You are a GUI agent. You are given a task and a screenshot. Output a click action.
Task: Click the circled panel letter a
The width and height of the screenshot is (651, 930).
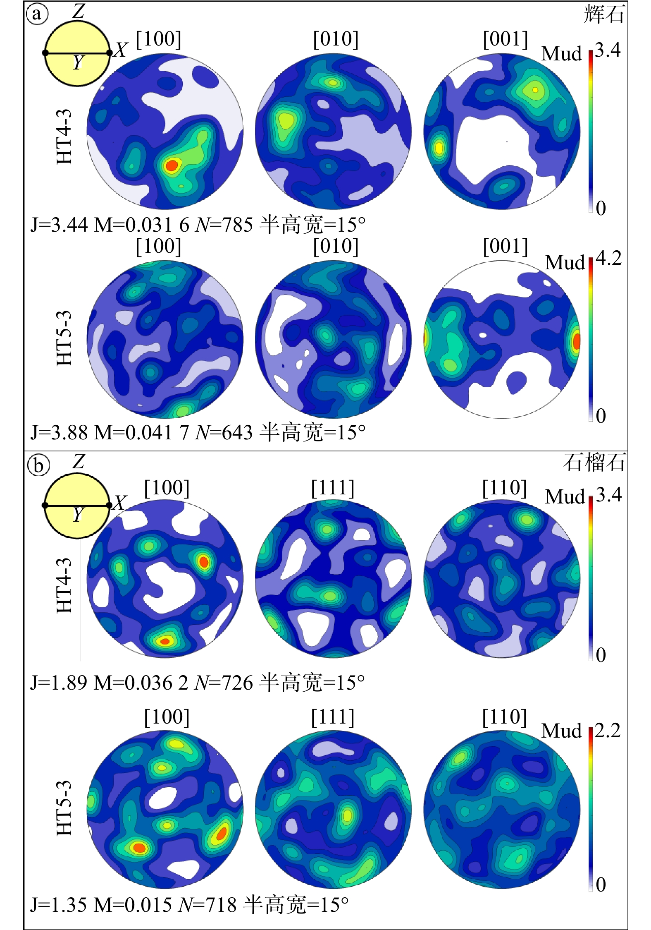coord(37,14)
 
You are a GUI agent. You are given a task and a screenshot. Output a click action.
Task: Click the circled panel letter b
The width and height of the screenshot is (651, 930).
coord(38,465)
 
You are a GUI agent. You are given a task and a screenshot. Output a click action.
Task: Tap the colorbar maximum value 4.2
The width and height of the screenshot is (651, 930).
coord(608,259)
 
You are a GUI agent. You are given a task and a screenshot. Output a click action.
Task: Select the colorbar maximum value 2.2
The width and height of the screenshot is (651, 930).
coord(608,731)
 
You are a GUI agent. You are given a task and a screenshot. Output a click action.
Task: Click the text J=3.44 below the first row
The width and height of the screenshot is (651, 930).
coord(59,225)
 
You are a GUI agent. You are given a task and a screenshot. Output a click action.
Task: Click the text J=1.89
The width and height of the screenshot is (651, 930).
coord(59,683)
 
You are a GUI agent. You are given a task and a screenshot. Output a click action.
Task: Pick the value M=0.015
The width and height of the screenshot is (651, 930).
coord(133,905)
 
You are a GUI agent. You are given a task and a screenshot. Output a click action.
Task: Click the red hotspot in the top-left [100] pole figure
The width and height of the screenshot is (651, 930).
coord(171,166)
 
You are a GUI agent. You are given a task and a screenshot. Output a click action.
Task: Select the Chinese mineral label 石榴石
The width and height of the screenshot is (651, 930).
coord(594,463)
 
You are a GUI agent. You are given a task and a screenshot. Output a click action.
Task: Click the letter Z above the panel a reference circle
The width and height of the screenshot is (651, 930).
coord(78,11)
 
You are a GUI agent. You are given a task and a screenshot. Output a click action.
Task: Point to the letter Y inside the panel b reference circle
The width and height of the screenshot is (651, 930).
coord(78,515)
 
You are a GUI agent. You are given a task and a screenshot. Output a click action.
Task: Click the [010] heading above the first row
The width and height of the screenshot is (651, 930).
coord(335,39)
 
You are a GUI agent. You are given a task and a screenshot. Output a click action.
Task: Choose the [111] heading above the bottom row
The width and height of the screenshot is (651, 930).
coord(333,717)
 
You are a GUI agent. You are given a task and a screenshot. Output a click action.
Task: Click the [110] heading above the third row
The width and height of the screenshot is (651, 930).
coord(504,488)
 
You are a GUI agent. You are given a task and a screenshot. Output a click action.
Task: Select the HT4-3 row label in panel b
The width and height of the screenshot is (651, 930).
coord(64,585)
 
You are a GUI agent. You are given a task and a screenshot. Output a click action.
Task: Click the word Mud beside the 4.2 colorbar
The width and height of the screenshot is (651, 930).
coord(565,262)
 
